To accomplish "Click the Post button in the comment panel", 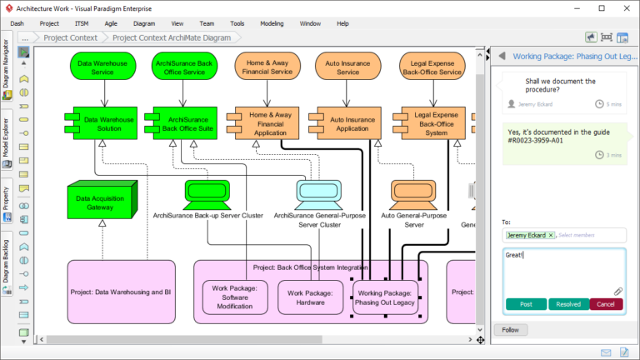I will pyautogui.click(x=526, y=304).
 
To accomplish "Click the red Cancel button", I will pyautogui.click(x=606, y=304).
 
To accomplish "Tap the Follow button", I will pyautogui.click(x=509, y=330).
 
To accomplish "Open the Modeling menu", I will pyautogui.click(x=272, y=23).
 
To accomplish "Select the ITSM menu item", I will pyautogui.click(x=82, y=23).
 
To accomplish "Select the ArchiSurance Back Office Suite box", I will pyautogui.click(x=182, y=124).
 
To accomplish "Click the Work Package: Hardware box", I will pyautogui.click(x=310, y=297).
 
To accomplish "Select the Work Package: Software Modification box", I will pyautogui.click(x=234, y=297).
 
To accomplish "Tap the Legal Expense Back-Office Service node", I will pyautogui.click(x=432, y=67).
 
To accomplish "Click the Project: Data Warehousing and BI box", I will pyautogui.click(x=122, y=292).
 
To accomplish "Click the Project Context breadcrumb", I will pyautogui.click(x=70, y=37).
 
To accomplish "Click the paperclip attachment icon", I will pyautogui.click(x=618, y=291).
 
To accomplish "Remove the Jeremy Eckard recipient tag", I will pyautogui.click(x=550, y=236).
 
